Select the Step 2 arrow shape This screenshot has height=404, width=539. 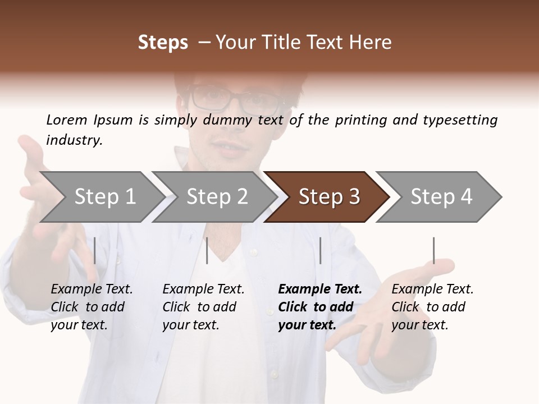click(x=216, y=197)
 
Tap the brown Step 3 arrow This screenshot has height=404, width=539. click(x=328, y=197)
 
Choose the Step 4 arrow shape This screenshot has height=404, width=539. click(x=441, y=197)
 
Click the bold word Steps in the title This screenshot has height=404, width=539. click(x=163, y=43)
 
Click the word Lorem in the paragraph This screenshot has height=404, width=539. click(x=67, y=120)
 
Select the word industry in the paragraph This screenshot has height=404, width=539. click(x=74, y=140)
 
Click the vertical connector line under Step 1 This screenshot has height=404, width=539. click(x=94, y=250)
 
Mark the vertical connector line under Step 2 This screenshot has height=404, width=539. click(x=207, y=250)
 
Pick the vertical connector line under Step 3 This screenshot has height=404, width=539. click(x=320, y=250)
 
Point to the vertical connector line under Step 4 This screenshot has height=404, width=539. click(x=433, y=250)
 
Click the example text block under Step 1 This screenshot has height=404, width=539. click(x=92, y=307)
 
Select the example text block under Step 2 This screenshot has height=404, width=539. click(x=203, y=307)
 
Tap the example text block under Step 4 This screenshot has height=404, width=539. click(x=432, y=307)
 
